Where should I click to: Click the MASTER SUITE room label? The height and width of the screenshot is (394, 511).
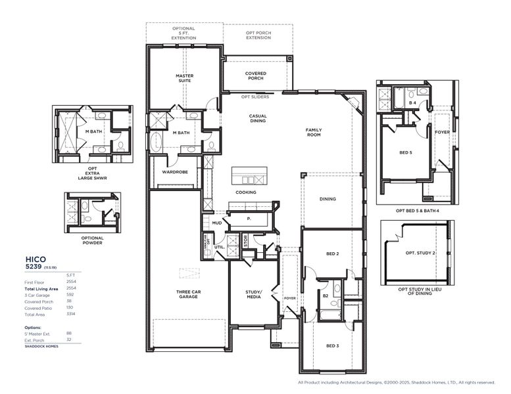pos(183,78)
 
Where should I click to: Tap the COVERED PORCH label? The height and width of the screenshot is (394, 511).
pos(255,76)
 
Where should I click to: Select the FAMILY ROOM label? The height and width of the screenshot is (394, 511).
pos(313,132)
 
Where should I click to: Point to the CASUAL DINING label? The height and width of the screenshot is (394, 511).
pos(257,118)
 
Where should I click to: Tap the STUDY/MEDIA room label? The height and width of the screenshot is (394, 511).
pos(253,294)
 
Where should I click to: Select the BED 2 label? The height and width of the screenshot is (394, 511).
pos(333,253)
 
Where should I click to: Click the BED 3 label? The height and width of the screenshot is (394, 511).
pos(333,345)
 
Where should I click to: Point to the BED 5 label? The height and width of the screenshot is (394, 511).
pos(406,153)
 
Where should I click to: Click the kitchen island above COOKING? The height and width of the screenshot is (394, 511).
pos(249,177)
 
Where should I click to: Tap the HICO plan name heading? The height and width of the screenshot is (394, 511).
pos(36,259)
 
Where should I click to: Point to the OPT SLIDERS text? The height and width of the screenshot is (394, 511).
pos(255,97)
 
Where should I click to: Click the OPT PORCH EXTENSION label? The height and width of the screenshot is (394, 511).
pos(258,35)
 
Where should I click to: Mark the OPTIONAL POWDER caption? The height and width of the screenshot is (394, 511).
pos(92,240)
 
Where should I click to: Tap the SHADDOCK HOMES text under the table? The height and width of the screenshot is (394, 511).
pos(41,346)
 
